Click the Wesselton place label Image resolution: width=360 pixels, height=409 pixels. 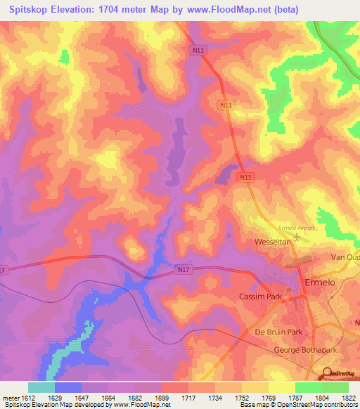coord(273,242)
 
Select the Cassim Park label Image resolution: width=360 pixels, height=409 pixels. coord(260,297)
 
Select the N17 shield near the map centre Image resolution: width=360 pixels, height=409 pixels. coord(183,268)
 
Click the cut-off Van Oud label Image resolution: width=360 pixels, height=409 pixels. coord(346,258)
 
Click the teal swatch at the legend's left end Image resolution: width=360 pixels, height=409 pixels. coord(41,387)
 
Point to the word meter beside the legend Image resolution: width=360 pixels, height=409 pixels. coord(10,397)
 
